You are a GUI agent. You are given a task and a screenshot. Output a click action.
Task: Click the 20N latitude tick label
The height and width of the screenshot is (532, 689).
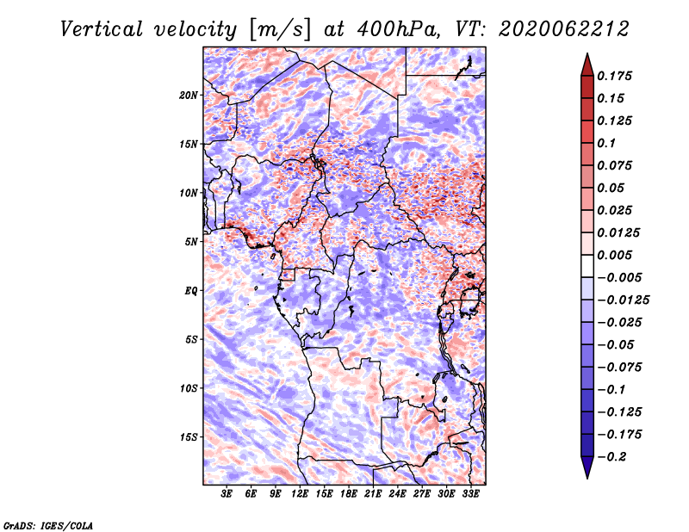189,96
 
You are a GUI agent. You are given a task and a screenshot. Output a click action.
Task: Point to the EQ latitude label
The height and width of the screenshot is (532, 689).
190,291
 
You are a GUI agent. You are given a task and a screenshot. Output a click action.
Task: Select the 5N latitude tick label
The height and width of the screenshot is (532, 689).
191,242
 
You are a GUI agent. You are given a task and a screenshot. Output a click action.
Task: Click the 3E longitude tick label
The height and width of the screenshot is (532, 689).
227,494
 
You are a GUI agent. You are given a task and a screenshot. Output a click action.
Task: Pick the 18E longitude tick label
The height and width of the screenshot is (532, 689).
349,494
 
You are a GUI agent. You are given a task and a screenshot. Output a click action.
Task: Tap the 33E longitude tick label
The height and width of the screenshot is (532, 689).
470,494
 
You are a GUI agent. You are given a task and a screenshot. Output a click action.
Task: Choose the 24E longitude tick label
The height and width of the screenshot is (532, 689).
397,494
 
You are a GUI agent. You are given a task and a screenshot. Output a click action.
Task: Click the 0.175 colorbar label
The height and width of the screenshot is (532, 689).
614,76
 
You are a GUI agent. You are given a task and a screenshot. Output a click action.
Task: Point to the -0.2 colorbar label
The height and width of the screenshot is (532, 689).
611,457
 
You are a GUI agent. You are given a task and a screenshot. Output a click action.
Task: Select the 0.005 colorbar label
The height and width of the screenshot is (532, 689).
614,255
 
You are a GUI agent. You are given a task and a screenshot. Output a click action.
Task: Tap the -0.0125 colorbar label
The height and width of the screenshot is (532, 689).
623,300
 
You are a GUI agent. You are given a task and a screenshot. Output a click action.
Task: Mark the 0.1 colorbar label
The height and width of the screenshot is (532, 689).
606,143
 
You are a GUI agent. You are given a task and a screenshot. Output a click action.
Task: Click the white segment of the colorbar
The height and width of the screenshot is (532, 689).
587,266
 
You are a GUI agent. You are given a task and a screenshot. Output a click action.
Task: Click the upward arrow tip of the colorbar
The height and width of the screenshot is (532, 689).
587,53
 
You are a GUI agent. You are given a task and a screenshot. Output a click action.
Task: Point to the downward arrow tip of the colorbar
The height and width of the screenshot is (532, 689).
587,478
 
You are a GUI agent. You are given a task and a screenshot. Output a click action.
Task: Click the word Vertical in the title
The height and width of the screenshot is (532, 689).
102,29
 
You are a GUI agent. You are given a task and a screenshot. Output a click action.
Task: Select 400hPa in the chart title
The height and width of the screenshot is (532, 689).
398,29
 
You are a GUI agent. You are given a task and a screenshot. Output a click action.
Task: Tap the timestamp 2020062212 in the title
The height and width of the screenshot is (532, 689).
564,29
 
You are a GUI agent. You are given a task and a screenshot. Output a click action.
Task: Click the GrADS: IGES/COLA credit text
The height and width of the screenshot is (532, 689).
48,526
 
